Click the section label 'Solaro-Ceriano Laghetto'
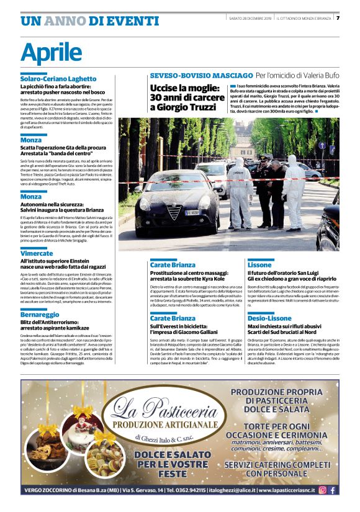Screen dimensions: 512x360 (58, 79)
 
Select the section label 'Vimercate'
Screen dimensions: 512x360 (37, 254)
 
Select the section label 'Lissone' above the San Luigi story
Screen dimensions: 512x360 (259, 264)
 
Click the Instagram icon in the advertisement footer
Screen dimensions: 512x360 (322, 490)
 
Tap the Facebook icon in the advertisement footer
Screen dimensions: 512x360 (333, 490)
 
